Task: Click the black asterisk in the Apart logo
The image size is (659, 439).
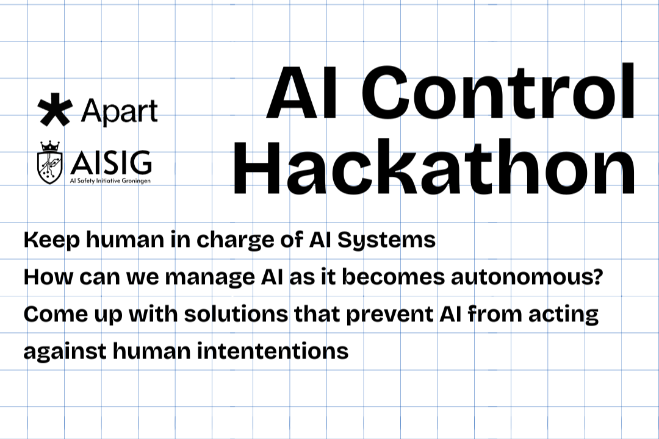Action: (55, 112)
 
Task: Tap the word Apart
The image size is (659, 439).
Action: (119, 112)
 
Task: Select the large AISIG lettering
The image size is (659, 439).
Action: (111, 162)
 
